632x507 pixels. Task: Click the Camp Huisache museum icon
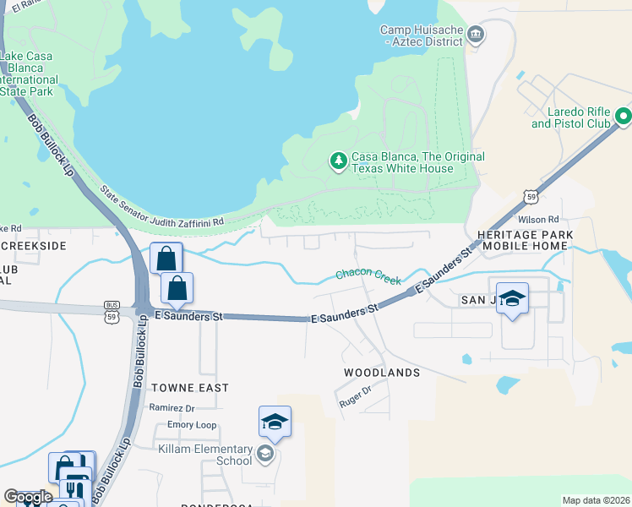[476, 35]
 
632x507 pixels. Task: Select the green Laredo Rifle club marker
[624, 116]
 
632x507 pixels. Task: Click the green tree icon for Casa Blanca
[338, 161]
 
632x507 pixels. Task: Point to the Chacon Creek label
[368, 275]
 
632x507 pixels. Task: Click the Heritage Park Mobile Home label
[525, 240]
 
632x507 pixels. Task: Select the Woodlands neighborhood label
[382, 373]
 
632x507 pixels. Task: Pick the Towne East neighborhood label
[190, 388]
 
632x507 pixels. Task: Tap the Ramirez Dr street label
[172, 408]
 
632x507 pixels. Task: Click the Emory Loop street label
[192, 425]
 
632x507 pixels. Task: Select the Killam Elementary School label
[205, 455]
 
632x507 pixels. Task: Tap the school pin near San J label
[512, 299]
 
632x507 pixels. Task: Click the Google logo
[28, 497]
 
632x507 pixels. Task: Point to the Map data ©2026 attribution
[595, 500]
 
